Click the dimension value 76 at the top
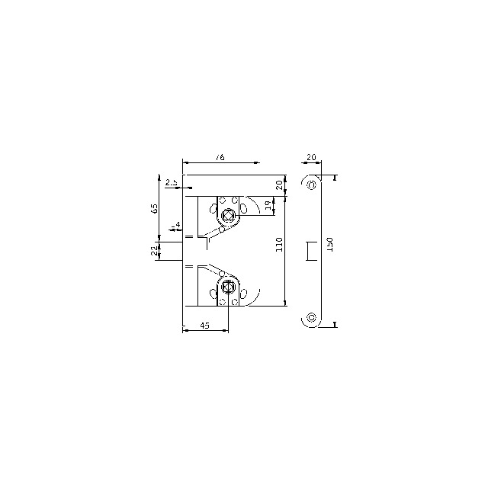tap(220, 157)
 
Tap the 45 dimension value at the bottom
tap(204, 326)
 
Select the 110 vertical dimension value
tap(279, 244)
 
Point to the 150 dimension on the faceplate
tap(329, 244)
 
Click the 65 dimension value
tap(155, 208)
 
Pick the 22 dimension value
tap(155, 249)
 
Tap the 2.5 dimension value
tap(172, 181)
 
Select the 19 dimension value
tap(268, 206)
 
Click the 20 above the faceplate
tap(310, 157)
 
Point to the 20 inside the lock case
tap(279, 185)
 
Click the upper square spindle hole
tap(227, 215)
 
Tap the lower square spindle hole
tap(227, 287)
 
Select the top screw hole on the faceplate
tap(311, 185)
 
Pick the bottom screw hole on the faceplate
tap(311, 318)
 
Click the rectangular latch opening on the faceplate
tap(311, 251)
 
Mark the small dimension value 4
tap(178, 225)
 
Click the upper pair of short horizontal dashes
tap(189, 238)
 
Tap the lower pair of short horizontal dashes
tap(189, 266)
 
